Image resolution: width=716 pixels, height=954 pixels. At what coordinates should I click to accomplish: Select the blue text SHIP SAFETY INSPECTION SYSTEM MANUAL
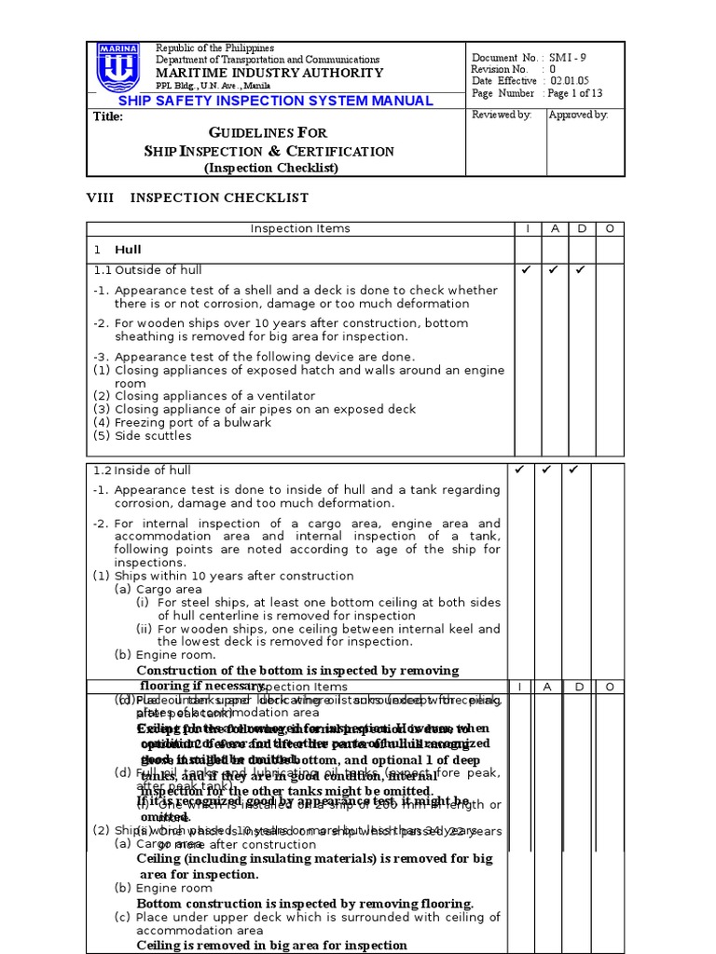pos(276,101)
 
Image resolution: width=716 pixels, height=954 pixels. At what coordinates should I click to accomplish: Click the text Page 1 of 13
pos(575,93)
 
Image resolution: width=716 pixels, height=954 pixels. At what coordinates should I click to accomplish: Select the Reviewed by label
pos(502,115)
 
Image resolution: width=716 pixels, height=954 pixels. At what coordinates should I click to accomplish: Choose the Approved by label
pos(578,115)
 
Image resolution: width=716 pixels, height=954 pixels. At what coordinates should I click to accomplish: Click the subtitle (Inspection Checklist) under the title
pos(270,168)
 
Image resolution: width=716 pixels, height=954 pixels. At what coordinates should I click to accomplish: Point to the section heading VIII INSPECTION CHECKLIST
pos(198,198)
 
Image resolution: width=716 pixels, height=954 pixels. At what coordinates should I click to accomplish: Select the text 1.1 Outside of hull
pos(147,270)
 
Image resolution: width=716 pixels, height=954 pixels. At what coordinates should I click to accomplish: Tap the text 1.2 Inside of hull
pos(142,470)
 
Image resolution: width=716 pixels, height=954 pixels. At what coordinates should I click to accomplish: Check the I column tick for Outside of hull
pos(525,270)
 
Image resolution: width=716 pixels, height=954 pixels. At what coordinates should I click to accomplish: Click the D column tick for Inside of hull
pos(574,470)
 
